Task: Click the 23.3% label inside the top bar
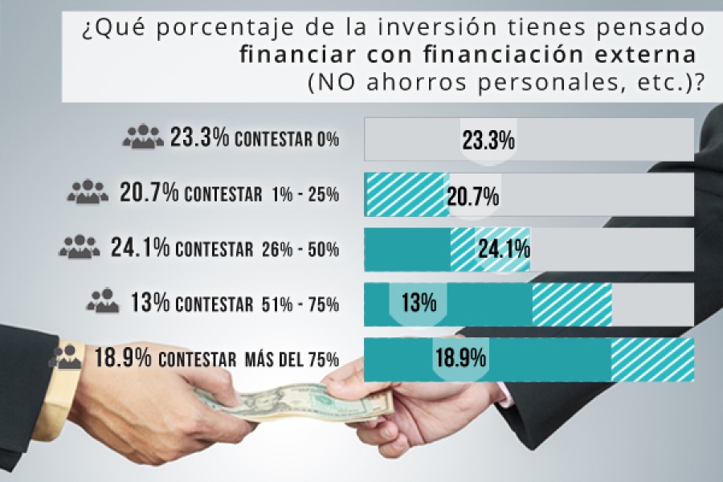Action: (488, 141)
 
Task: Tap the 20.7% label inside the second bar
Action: (475, 195)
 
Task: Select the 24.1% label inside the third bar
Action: (504, 249)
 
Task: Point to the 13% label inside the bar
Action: (418, 303)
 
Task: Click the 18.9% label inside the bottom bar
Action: (460, 357)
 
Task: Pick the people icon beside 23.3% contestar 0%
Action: (143, 137)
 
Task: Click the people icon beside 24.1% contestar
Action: (80, 246)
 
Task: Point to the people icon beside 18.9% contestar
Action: (66, 356)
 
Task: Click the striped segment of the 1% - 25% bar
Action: (406, 195)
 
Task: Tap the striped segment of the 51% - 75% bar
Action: (572, 303)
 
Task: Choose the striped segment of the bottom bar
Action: (652, 358)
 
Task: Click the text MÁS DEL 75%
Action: (291, 359)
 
